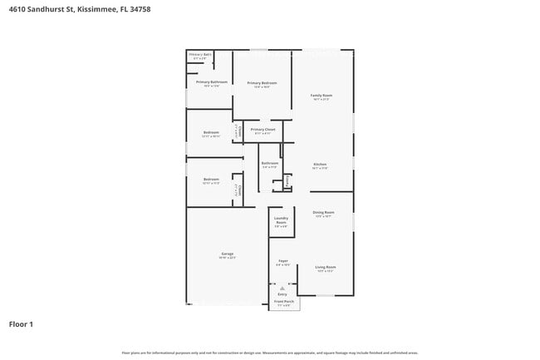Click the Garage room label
pyautogui.click(x=227, y=254)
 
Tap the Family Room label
pyautogui.click(x=322, y=96)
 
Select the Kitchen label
pyautogui.click(x=320, y=164)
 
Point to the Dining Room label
pyautogui.click(x=324, y=212)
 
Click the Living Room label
pyautogui.click(x=325, y=267)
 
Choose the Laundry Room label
pyautogui.click(x=281, y=221)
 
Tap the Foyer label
pyautogui.click(x=282, y=262)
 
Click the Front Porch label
pyautogui.click(x=284, y=302)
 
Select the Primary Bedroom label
pyautogui.click(x=262, y=83)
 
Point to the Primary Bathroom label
pyautogui.click(x=212, y=82)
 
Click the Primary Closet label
pyautogui.click(x=263, y=130)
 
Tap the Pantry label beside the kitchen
pyautogui.click(x=287, y=180)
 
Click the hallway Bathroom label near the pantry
pyautogui.click(x=269, y=163)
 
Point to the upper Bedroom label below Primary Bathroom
pyautogui.click(x=211, y=132)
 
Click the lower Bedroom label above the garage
pyautogui.click(x=211, y=179)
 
